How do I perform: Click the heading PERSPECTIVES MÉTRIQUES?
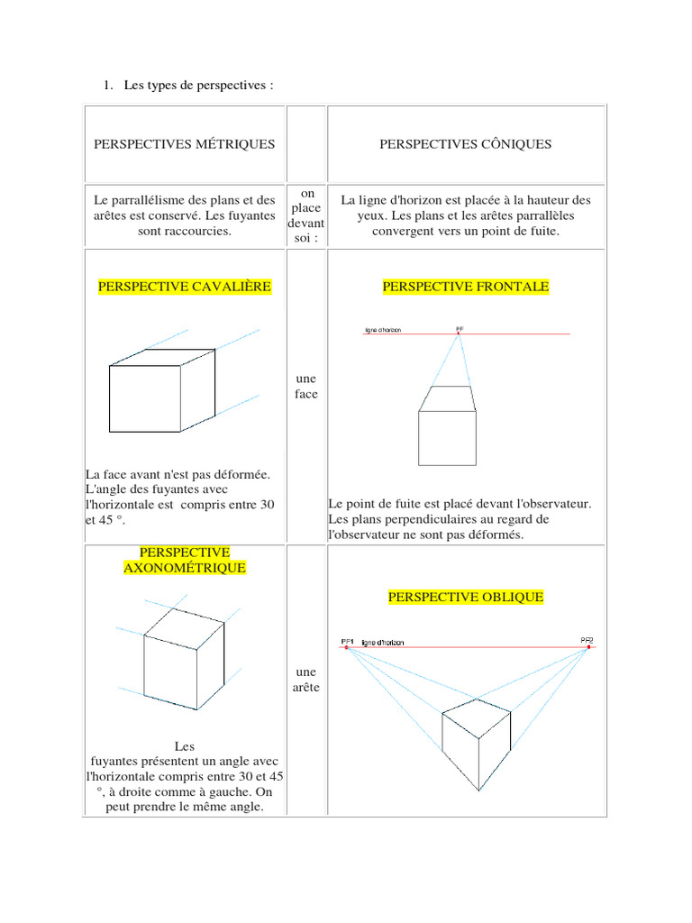[185, 144]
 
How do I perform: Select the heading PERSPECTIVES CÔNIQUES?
[465, 144]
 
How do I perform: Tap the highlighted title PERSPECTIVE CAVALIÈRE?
[185, 287]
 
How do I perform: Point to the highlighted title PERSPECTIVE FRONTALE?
[466, 287]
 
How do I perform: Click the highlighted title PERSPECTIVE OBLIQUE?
[466, 597]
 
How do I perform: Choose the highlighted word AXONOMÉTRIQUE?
[185, 568]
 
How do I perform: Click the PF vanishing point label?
[460, 328]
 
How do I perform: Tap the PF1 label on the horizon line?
[348, 642]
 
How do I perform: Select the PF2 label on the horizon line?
[587, 640]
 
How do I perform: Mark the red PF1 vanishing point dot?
[346, 647]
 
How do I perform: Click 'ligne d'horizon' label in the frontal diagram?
[389, 330]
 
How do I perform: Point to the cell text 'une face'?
[306, 387]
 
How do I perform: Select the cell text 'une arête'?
[306, 680]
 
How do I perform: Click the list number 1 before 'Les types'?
[106, 86]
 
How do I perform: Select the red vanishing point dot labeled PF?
[459, 334]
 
